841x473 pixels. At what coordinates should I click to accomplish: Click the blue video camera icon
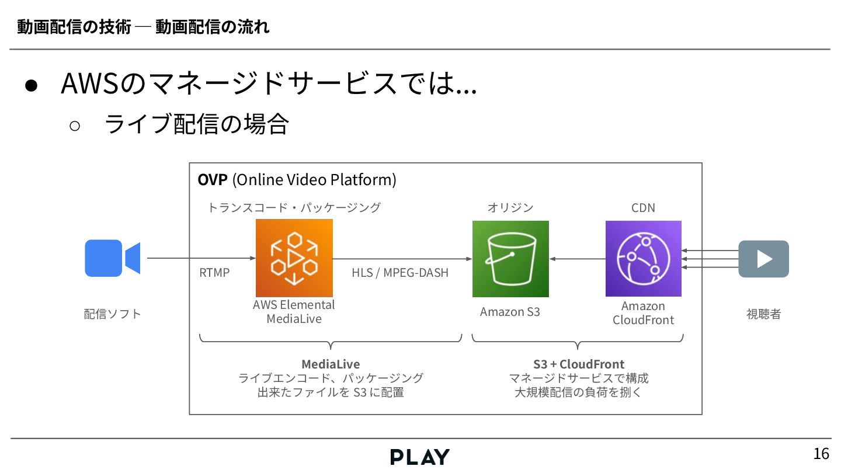click(112, 258)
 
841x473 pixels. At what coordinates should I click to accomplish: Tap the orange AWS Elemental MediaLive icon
click(294, 258)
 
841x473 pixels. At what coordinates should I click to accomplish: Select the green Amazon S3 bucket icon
click(510, 259)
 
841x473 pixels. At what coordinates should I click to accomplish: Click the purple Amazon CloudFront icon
click(643, 259)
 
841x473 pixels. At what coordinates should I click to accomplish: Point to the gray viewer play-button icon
click(763, 259)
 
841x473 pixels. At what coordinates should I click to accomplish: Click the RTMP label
click(214, 273)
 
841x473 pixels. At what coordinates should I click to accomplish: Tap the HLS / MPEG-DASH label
click(400, 273)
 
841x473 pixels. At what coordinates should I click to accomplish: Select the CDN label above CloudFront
click(643, 208)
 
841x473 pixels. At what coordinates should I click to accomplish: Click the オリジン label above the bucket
click(510, 208)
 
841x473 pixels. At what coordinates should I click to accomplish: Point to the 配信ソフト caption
click(113, 314)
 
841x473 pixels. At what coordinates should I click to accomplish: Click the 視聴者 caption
click(763, 314)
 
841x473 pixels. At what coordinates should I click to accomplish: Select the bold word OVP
click(213, 180)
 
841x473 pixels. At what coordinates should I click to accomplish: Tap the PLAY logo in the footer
click(420, 457)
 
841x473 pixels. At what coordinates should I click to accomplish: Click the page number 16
click(821, 454)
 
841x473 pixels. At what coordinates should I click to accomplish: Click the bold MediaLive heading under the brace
click(331, 364)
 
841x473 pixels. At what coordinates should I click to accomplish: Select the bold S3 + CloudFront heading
click(578, 364)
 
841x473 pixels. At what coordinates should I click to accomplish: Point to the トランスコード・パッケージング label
click(294, 208)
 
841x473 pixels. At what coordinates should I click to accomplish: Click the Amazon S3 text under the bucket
click(510, 312)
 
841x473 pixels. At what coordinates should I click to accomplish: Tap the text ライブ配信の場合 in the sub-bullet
click(196, 124)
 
